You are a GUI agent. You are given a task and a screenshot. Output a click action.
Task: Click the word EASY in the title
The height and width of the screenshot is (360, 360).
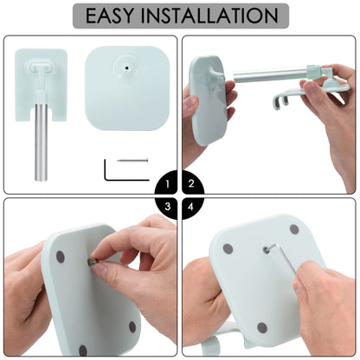click(x=110, y=16)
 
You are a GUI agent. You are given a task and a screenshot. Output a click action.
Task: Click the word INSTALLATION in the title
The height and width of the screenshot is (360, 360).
click(x=209, y=16)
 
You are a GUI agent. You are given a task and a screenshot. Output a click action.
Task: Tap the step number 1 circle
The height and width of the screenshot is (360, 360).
click(x=166, y=183)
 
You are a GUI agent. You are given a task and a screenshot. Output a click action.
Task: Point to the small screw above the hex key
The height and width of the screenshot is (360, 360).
click(x=132, y=160)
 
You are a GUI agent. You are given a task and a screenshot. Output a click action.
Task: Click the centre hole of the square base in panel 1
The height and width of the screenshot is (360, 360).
click(x=126, y=67)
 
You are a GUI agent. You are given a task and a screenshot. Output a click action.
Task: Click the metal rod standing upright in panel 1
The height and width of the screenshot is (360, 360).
click(x=42, y=143)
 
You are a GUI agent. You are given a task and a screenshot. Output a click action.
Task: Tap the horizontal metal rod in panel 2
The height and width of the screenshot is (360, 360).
click(x=270, y=74)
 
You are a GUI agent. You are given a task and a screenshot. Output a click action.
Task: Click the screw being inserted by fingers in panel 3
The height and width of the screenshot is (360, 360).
click(x=93, y=262)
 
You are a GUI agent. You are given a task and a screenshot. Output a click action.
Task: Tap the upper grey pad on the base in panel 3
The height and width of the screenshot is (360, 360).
click(x=61, y=257)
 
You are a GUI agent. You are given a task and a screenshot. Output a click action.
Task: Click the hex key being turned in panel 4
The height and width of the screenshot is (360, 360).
click(x=284, y=258)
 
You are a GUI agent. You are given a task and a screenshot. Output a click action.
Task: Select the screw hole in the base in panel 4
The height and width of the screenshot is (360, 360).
click(x=267, y=250)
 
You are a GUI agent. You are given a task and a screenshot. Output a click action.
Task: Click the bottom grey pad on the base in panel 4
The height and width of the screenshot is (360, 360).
click(x=262, y=328)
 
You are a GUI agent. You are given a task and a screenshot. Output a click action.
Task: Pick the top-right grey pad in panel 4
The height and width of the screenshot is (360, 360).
click(x=294, y=229)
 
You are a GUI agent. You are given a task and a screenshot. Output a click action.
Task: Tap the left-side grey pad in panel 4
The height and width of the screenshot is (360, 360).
click(x=228, y=249)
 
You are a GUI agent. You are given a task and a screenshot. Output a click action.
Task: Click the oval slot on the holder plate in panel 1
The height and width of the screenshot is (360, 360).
click(x=42, y=66)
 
